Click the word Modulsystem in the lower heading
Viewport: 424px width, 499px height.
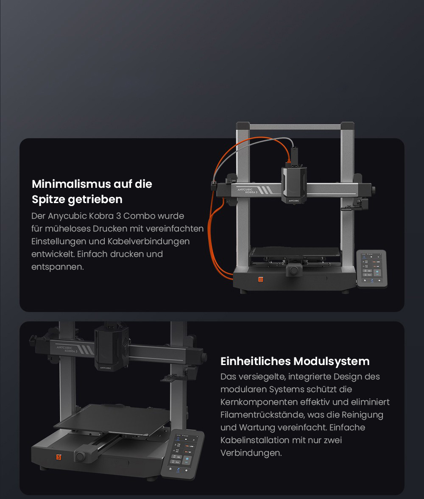click(x=331, y=361)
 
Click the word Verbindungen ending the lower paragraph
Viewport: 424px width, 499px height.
click(x=251, y=453)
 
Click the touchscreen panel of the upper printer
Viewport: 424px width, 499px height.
click(x=371, y=268)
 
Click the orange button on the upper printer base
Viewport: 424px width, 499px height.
click(x=261, y=279)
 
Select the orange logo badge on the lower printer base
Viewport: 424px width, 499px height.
click(x=59, y=457)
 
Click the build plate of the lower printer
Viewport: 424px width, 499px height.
click(x=114, y=418)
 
